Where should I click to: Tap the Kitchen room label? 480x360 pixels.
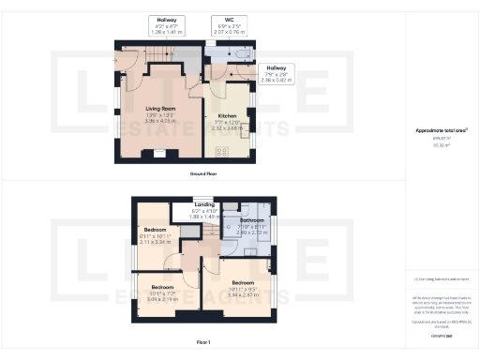point(226,116)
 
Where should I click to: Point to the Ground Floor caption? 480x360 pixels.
point(203,174)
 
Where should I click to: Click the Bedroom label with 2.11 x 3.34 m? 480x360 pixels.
point(155,230)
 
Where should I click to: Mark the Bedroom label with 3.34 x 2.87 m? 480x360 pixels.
point(244,282)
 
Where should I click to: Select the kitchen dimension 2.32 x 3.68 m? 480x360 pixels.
point(226,128)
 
